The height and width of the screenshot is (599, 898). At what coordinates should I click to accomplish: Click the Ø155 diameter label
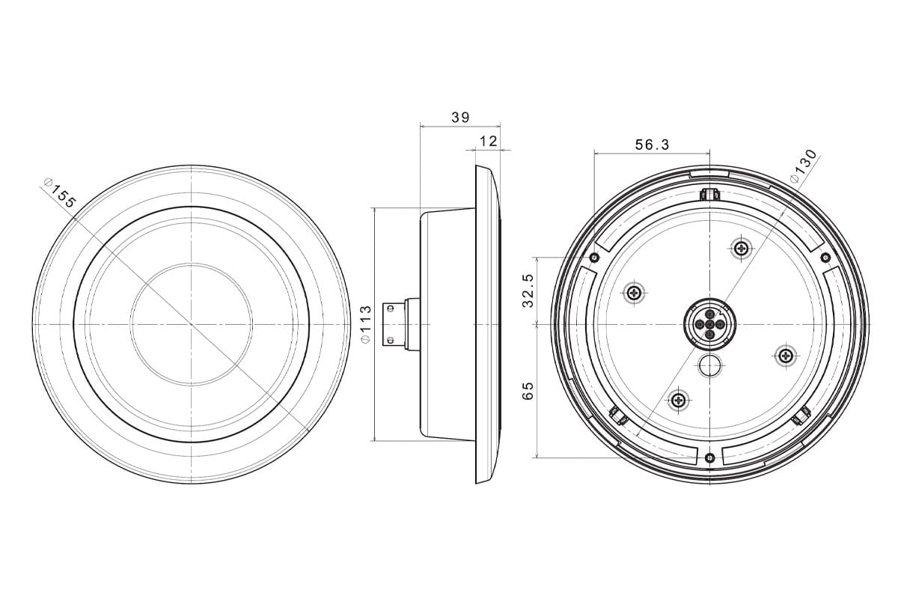click(59, 193)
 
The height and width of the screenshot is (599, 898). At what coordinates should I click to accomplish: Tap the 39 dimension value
click(460, 118)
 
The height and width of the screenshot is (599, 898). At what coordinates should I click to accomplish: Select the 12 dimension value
click(488, 142)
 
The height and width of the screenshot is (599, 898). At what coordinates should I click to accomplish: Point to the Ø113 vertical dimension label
click(366, 324)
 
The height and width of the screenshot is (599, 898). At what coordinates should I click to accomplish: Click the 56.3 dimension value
click(653, 145)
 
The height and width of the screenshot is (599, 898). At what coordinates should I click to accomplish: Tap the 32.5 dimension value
click(528, 291)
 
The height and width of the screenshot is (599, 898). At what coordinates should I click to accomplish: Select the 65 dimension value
click(528, 390)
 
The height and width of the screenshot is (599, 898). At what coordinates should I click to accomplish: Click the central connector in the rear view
click(709, 323)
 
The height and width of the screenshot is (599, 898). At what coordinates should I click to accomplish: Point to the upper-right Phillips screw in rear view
click(740, 249)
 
